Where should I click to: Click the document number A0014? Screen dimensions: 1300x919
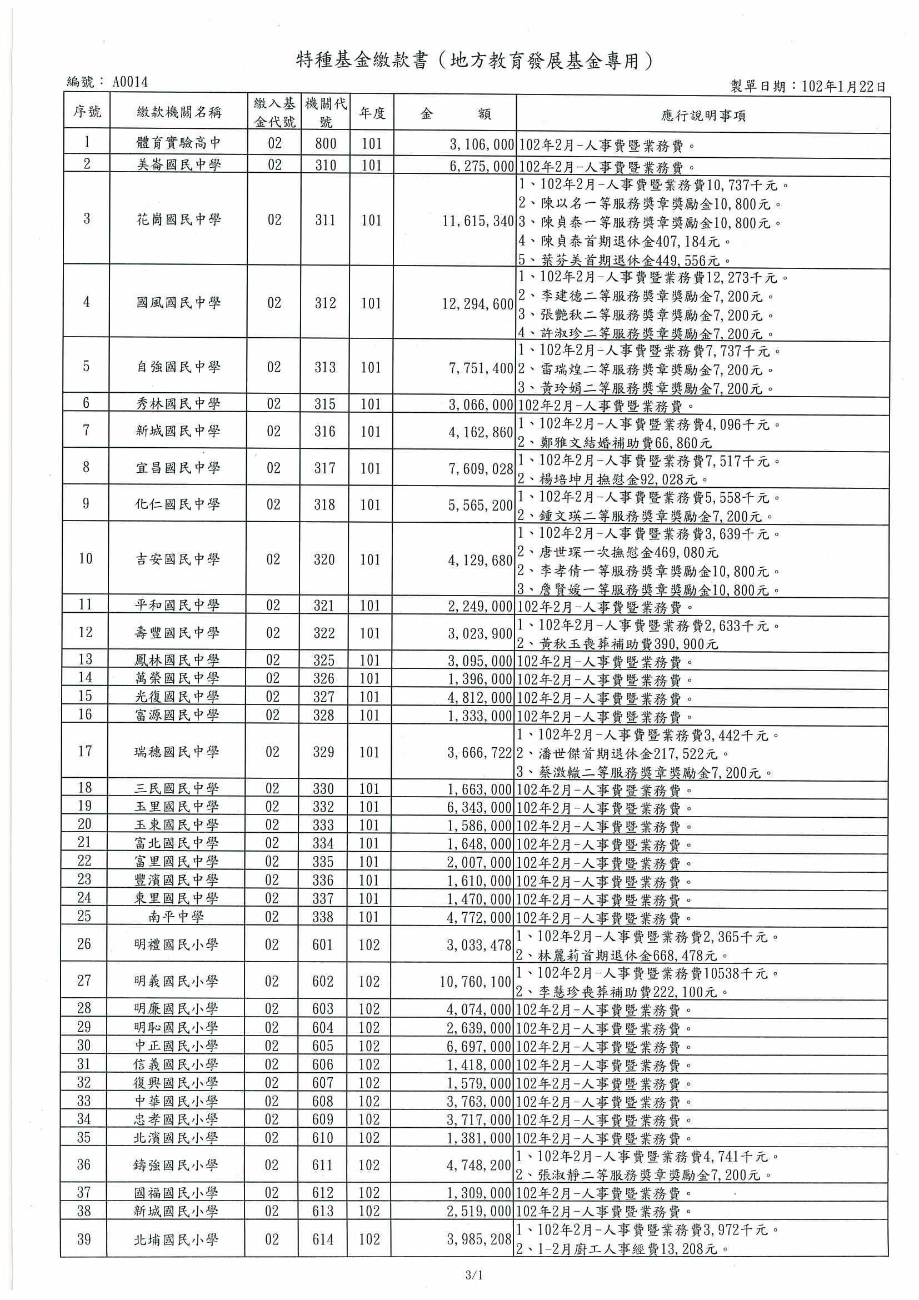click(x=130, y=83)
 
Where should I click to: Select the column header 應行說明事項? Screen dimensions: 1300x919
click(x=703, y=116)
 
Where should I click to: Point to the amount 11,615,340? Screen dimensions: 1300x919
click(x=477, y=221)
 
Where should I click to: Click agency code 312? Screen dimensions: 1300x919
click(x=326, y=303)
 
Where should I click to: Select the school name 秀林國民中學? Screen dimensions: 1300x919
click(x=178, y=404)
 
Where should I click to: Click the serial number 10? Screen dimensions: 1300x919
click(x=86, y=559)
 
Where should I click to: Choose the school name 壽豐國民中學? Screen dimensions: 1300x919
click(x=177, y=632)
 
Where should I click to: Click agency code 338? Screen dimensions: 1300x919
click(x=323, y=917)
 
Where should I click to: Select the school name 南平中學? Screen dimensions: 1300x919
click(x=176, y=917)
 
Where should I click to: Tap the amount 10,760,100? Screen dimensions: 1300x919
click(x=475, y=981)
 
